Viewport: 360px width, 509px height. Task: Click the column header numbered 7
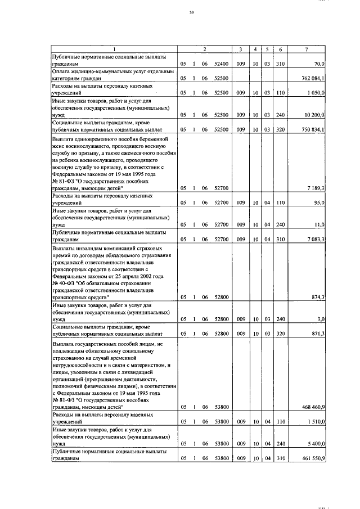pos(306,49)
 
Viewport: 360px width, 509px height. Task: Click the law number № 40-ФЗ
pos(66,283)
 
